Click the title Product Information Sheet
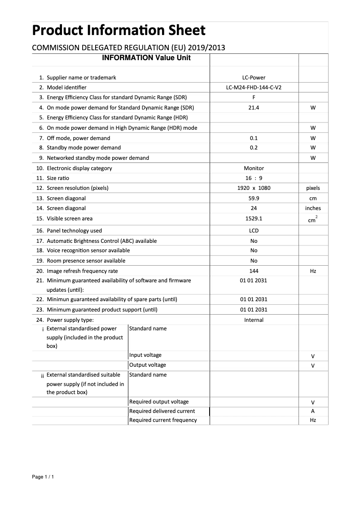[x=119, y=31]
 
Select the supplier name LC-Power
[x=254, y=78]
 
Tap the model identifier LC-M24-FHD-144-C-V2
[x=254, y=88]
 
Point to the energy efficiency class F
[x=254, y=97]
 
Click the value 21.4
[x=254, y=108]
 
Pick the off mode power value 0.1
[x=254, y=138]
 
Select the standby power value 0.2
[x=254, y=148]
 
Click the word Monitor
[x=254, y=168]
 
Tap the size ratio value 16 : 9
[x=254, y=178]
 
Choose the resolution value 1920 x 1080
[x=254, y=188]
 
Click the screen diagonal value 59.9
[x=254, y=198]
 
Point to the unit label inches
[x=313, y=208]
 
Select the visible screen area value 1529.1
[x=254, y=219]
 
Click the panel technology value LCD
[x=254, y=231]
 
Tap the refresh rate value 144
[x=254, y=271]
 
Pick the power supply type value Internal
[x=254, y=320]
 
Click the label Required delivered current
[x=162, y=411]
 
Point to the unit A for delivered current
[x=313, y=411]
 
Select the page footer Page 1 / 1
[x=43, y=477]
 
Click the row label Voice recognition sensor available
[x=88, y=250]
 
